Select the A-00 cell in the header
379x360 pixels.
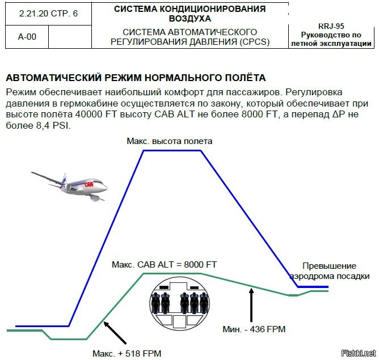pyautogui.click(x=27, y=37)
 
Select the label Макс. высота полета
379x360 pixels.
pyautogui.click(x=170, y=141)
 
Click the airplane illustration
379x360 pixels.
pyautogui.click(x=71, y=184)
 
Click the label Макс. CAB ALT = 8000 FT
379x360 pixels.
pyautogui.click(x=164, y=265)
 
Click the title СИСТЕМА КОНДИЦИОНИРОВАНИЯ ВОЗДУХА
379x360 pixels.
pyautogui.click(x=189, y=14)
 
